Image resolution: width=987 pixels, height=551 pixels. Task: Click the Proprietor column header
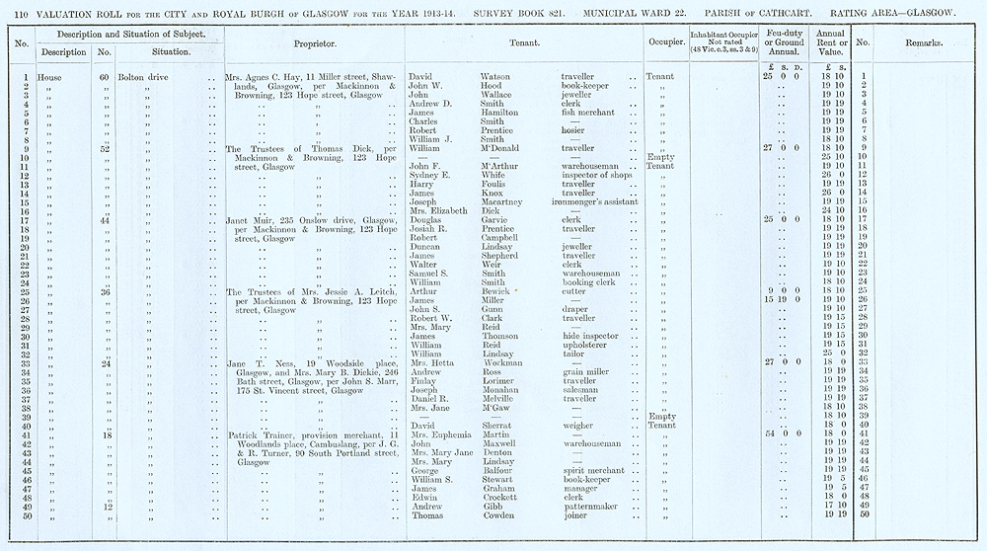tap(315, 44)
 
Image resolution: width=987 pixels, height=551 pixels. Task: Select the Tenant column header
tap(523, 44)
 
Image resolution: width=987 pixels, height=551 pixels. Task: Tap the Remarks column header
tap(922, 44)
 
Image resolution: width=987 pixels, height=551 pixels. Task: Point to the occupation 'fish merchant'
tap(590, 113)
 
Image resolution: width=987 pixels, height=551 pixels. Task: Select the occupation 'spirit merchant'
tap(594, 469)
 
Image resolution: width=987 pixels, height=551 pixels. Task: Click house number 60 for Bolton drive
tap(104, 77)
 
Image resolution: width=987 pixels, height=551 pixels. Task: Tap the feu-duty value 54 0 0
tap(779, 433)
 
